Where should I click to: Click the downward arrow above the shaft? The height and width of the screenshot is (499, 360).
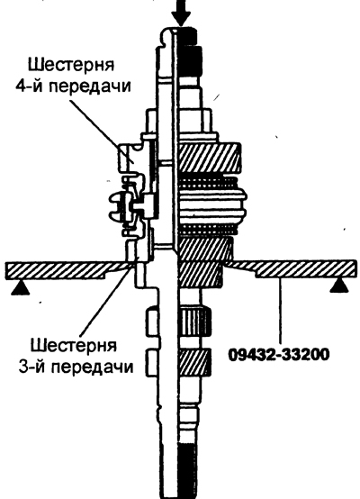[x=181, y=13]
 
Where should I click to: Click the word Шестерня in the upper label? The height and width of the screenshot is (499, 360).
[x=71, y=65]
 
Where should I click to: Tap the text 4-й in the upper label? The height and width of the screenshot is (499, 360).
[x=30, y=86]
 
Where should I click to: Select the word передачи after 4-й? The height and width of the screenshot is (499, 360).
[x=90, y=87]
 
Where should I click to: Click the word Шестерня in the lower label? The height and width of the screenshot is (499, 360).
[x=74, y=345]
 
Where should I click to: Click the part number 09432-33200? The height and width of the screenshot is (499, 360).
[x=279, y=355]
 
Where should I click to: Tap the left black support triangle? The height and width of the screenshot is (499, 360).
[x=21, y=288]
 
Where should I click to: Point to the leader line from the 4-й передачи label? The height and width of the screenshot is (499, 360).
[x=101, y=131]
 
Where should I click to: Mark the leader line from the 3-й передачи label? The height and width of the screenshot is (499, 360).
[x=106, y=299]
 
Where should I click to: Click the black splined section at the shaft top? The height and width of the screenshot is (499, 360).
[x=190, y=51]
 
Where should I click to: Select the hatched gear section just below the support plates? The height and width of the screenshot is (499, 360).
[x=201, y=275]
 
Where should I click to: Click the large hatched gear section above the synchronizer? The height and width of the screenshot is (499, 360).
[x=210, y=159]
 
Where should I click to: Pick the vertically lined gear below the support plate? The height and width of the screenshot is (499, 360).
[x=195, y=322]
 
